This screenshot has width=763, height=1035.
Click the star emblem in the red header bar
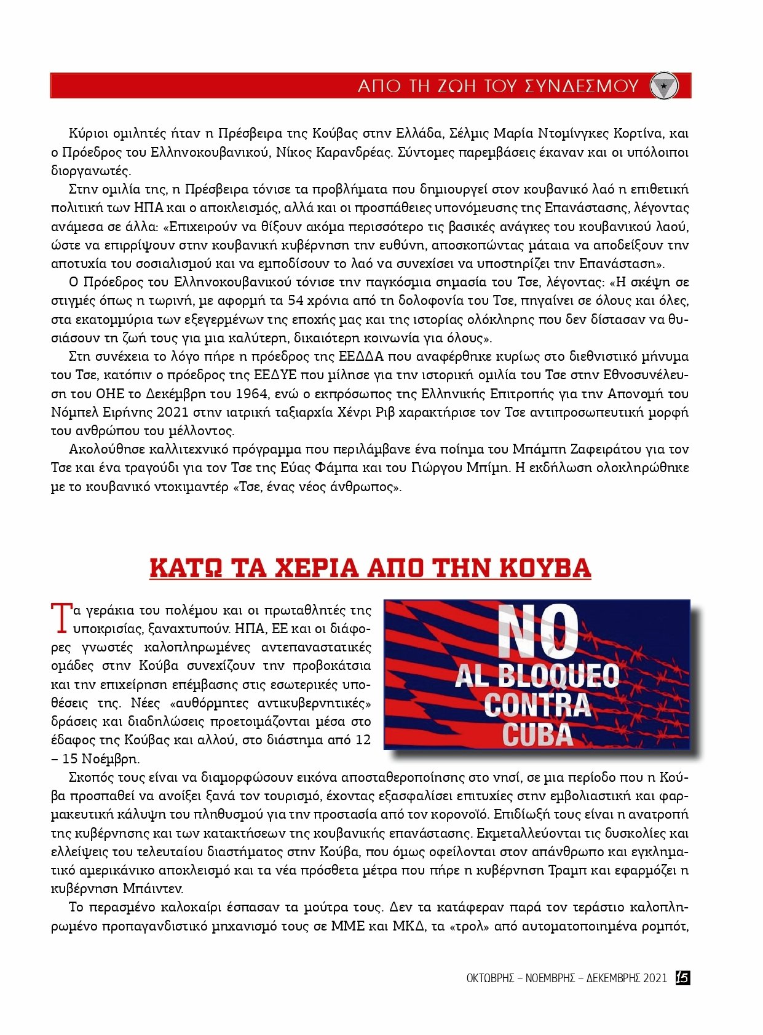(x=664, y=86)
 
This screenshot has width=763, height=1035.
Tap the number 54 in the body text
(x=298, y=301)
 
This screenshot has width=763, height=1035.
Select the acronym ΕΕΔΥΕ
(x=275, y=375)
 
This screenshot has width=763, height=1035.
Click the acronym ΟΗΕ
(x=111, y=393)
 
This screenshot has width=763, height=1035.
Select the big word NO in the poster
(x=537, y=632)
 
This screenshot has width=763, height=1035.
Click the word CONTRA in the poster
(x=537, y=705)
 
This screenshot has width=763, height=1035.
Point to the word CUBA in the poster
(x=537, y=734)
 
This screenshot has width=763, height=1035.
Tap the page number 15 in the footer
(x=682, y=978)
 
